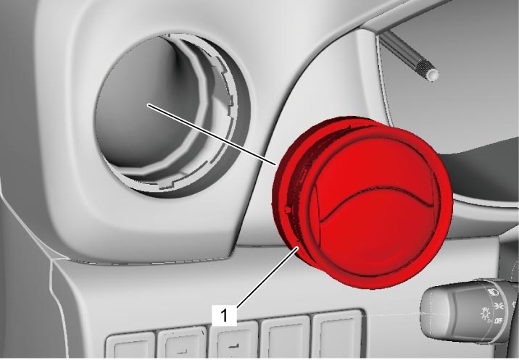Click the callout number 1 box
tap(225, 315)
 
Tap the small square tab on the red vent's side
tap(288, 209)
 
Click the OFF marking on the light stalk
tap(498, 321)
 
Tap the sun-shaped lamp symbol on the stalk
tap(485, 314)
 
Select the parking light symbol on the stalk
tap(499, 306)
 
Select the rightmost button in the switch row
tap(338, 334)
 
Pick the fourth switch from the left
tap(286, 338)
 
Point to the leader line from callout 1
tap(267, 276)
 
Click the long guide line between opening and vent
tap(211, 134)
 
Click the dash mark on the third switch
tap(233, 346)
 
